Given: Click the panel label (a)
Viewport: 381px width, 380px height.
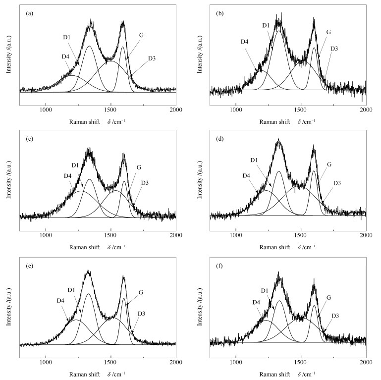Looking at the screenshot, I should [x=29, y=14].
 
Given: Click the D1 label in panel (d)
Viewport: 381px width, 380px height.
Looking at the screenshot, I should [x=254, y=160].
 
